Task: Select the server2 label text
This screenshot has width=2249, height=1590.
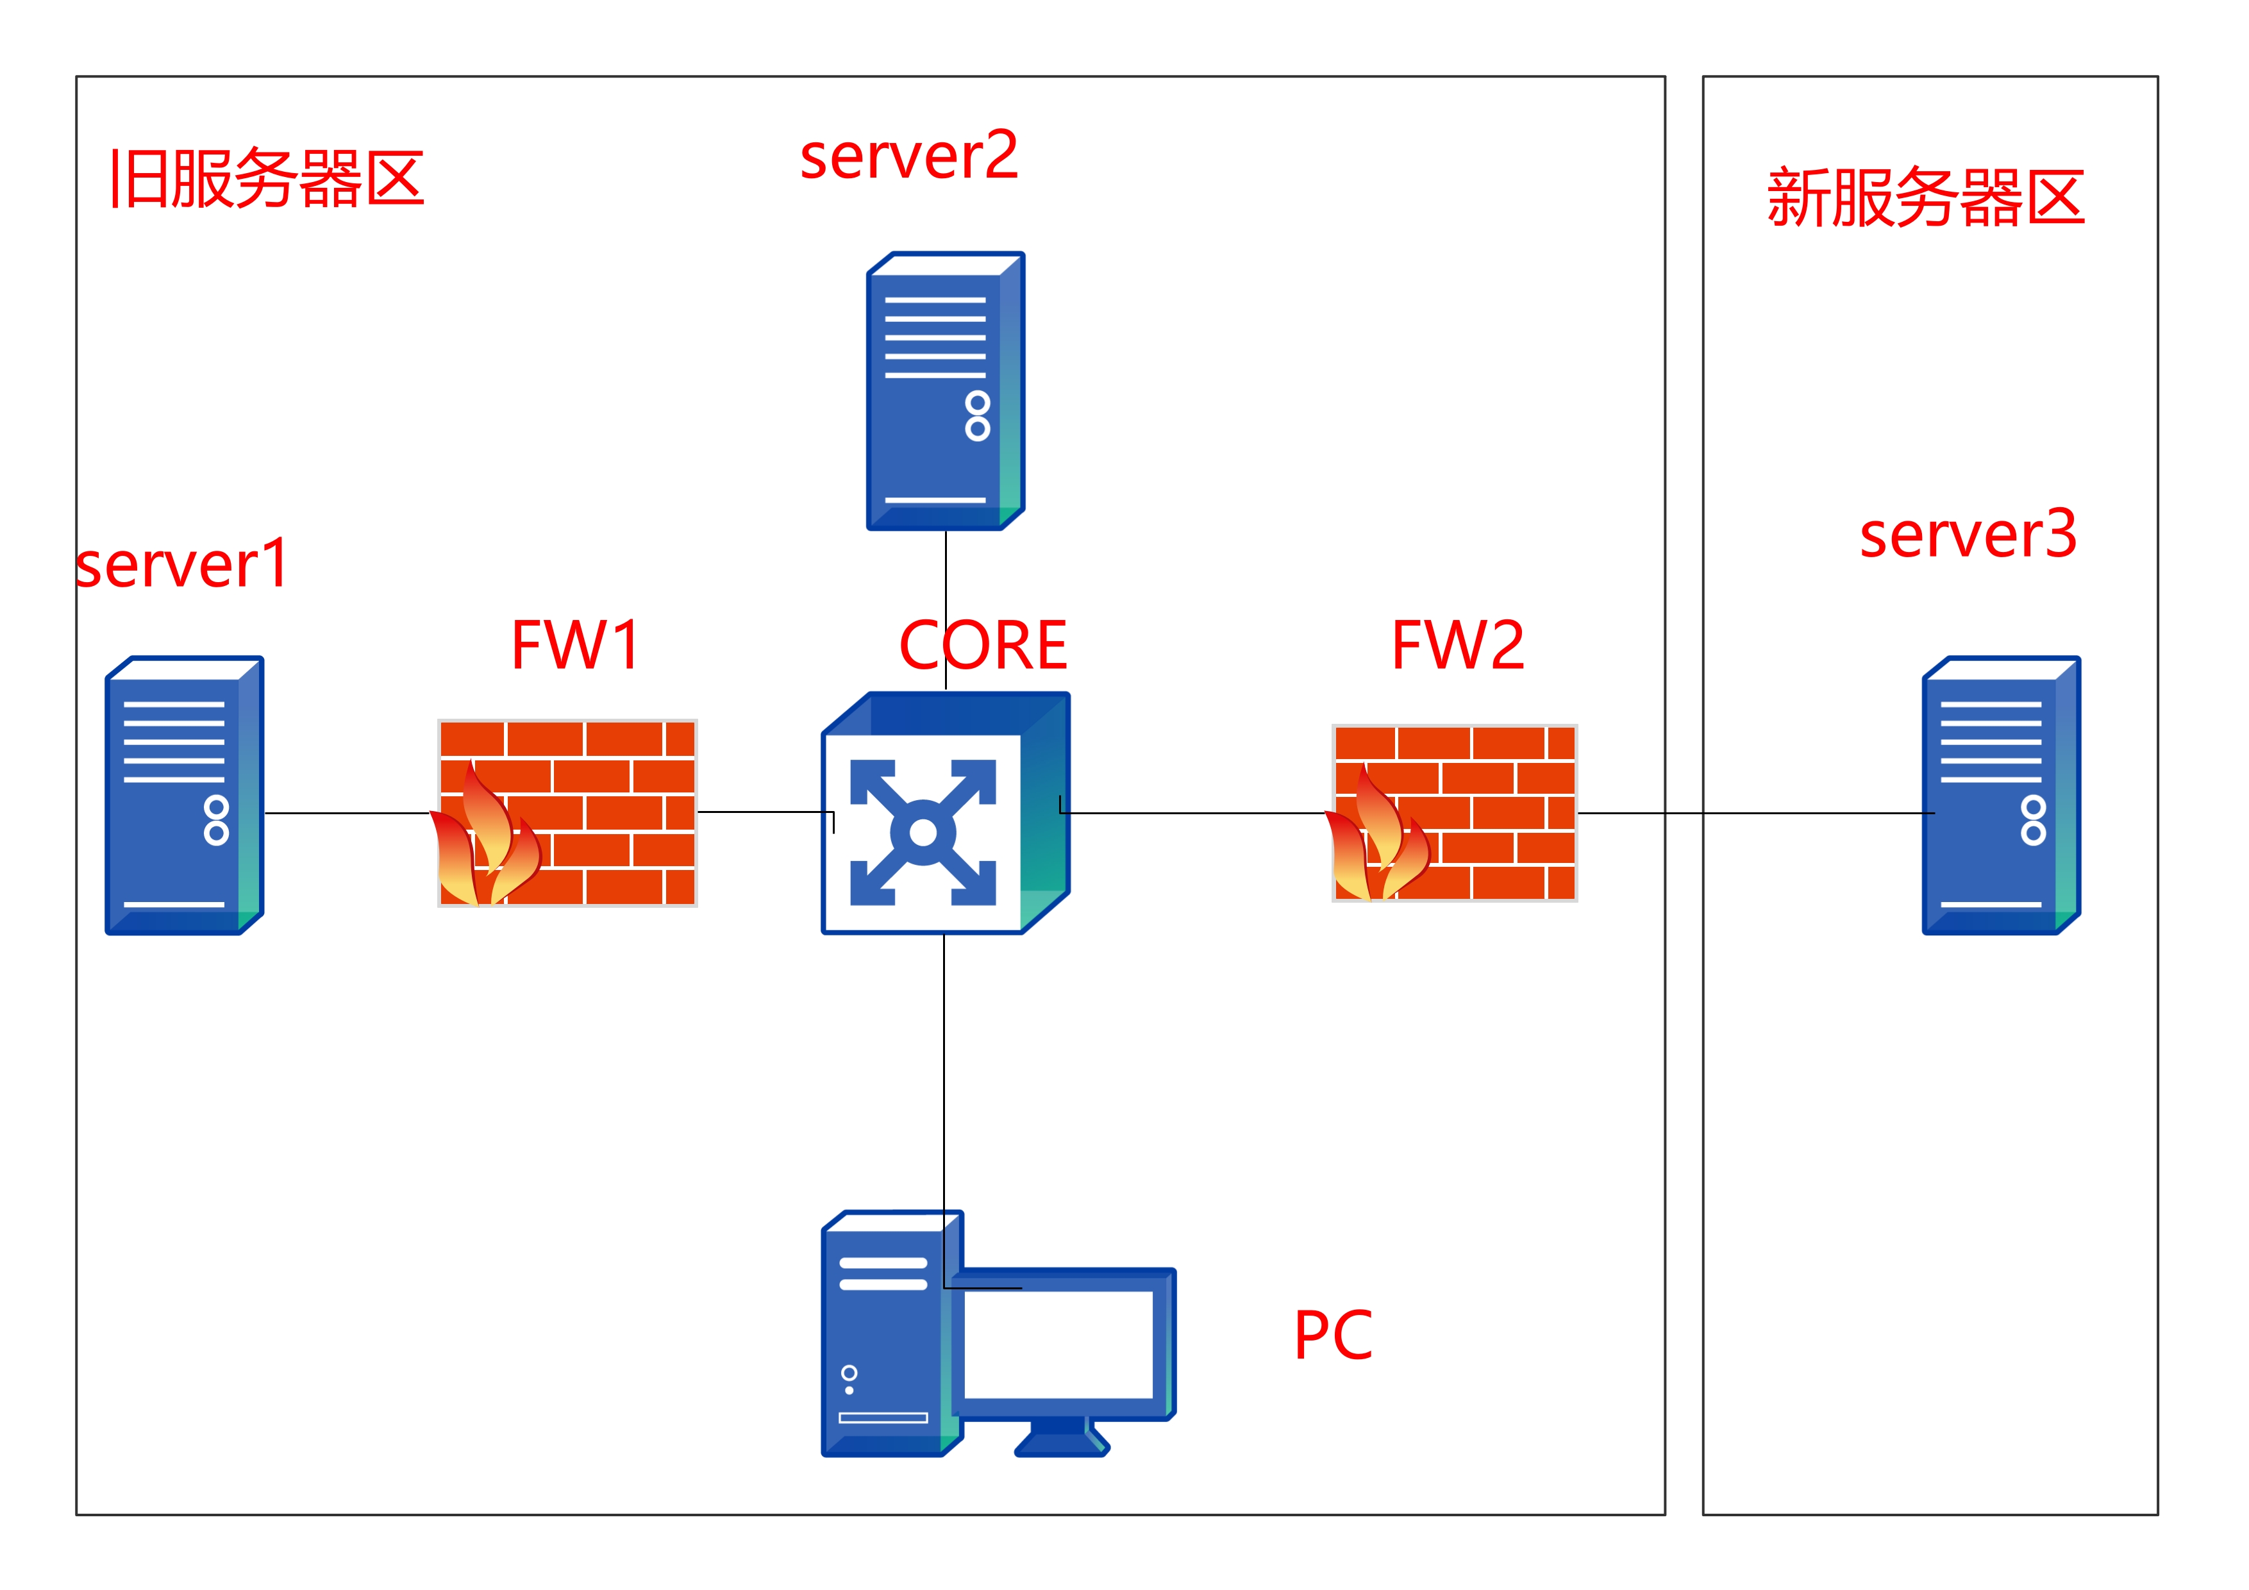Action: point(909,156)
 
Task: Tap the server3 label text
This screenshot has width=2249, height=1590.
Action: point(1968,535)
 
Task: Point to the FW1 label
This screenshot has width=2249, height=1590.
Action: point(576,646)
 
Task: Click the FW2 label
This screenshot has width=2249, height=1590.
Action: point(1457,646)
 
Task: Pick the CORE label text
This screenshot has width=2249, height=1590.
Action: point(982,646)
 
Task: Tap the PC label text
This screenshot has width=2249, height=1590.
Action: point(1333,1335)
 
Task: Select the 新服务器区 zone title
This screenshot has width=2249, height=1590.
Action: point(1926,198)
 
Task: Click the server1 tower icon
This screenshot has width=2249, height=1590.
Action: point(184,796)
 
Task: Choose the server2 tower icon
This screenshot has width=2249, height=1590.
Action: point(945,391)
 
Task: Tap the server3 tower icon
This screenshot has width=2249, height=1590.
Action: point(2001,796)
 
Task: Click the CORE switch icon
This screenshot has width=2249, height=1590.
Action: point(945,813)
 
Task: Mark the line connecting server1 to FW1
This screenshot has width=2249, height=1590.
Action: point(347,813)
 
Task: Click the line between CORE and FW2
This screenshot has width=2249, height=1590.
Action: point(1195,813)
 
